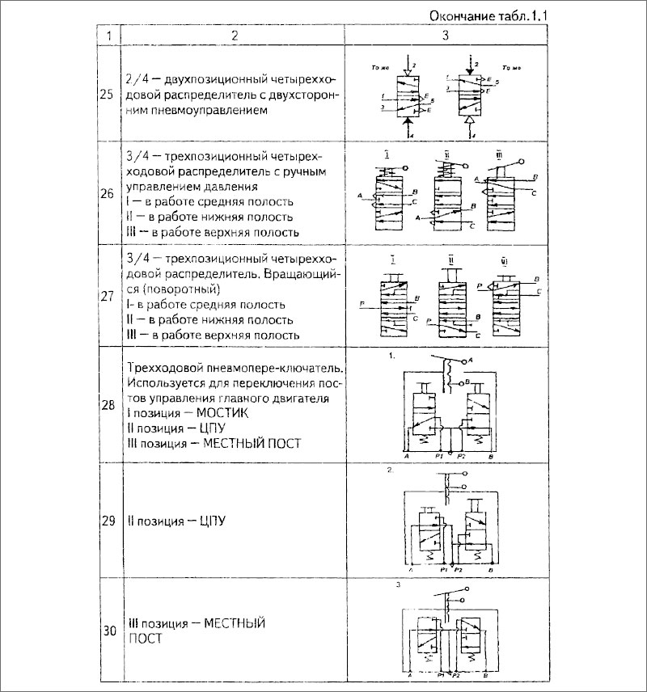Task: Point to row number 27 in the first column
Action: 106,295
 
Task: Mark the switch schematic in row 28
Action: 446,408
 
